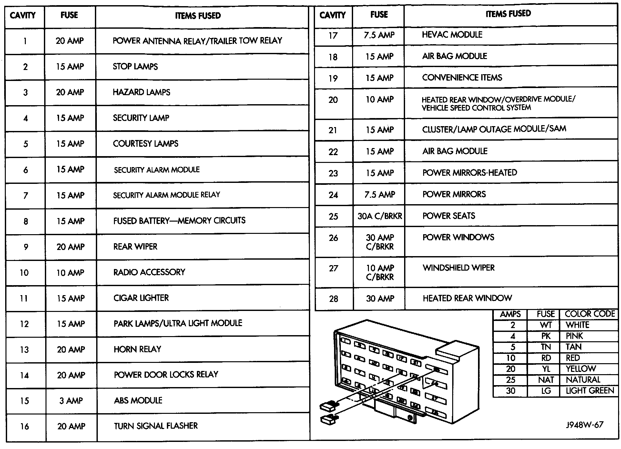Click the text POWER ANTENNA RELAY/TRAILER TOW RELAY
pos(197,41)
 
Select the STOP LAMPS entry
pos(135,67)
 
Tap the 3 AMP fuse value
pos(71,401)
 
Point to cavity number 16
pos(25,426)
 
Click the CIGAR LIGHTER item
pos(141,298)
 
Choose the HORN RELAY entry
pos(137,349)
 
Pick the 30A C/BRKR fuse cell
pos(380,216)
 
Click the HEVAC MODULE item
pos(452,35)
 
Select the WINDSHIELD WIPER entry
pos(458,268)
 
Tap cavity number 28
pos(333,299)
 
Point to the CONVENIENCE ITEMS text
pos(462,78)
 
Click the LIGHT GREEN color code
pos(590,391)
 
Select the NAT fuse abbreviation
pos(546,380)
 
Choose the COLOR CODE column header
pos(590,314)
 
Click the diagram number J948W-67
pos(584,425)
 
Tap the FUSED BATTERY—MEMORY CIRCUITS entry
pos(179,221)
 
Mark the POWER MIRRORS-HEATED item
pos(470,173)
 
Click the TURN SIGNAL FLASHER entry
pos(156,426)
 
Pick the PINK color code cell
pos(574,336)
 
